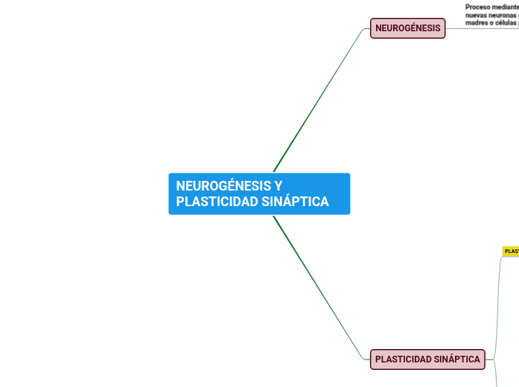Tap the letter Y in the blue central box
point(278,186)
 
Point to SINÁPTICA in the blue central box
point(296,202)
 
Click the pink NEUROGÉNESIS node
point(407,28)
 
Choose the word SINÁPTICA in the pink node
point(456,359)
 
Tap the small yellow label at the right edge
point(512,252)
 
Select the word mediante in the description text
point(507,7)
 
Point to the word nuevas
point(476,15)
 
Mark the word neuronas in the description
point(503,15)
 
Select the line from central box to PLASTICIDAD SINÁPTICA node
point(320,287)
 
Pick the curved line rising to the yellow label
point(497,298)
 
